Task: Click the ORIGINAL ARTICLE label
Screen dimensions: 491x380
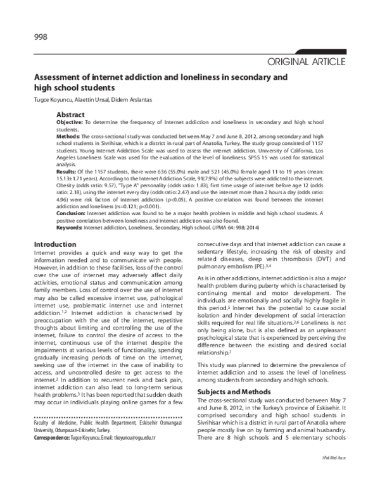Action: tap(307, 62)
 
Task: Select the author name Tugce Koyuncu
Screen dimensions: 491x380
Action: tap(53, 101)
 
